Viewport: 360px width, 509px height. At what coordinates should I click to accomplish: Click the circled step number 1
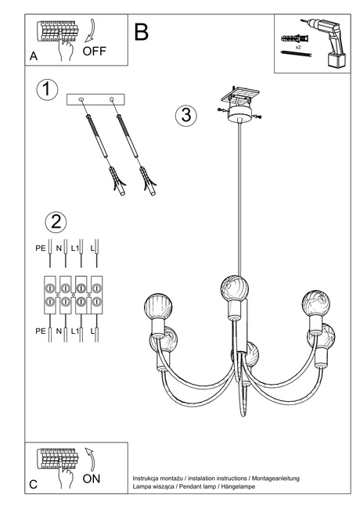pos(47,90)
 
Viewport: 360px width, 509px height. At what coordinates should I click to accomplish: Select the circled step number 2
pos(54,221)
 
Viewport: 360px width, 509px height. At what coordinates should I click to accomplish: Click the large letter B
pos(141,32)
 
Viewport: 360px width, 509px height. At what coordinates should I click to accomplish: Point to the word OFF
pos(94,53)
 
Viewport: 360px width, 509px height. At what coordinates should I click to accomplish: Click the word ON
pos(91,479)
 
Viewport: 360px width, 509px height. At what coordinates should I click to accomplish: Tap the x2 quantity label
pos(298,48)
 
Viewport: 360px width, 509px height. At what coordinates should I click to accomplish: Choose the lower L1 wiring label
pos(76,332)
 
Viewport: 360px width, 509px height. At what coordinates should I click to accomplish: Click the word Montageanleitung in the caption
pos(272,478)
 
